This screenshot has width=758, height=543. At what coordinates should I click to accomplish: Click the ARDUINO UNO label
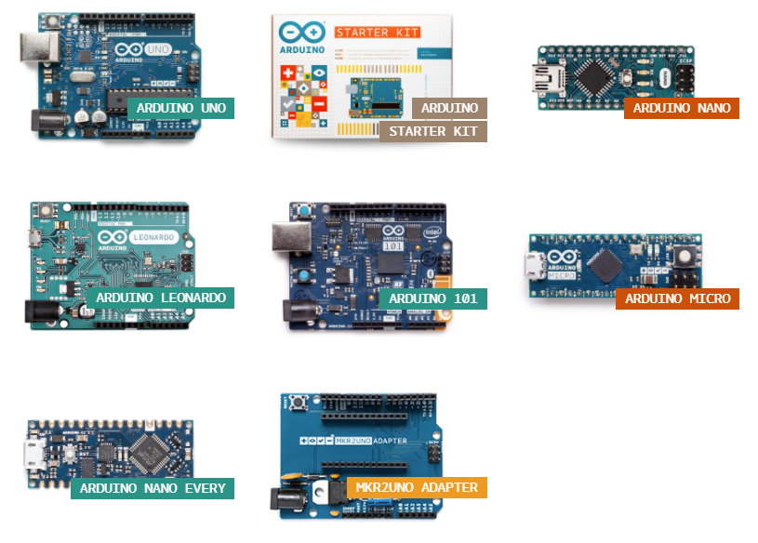click(180, 108)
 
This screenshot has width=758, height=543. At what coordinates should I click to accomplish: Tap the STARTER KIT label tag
click(433, 131)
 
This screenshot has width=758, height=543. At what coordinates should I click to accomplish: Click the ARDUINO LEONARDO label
click(161, 298)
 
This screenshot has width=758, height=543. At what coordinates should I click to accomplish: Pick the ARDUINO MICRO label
click(677, 298)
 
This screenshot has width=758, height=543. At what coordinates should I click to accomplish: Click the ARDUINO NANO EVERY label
click(153, 488)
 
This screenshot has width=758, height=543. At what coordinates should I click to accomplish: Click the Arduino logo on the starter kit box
click(302, 33)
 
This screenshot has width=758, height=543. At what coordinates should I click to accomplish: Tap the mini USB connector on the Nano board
click(542, 77)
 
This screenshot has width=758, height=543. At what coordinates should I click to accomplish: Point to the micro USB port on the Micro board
click(536, 265)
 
